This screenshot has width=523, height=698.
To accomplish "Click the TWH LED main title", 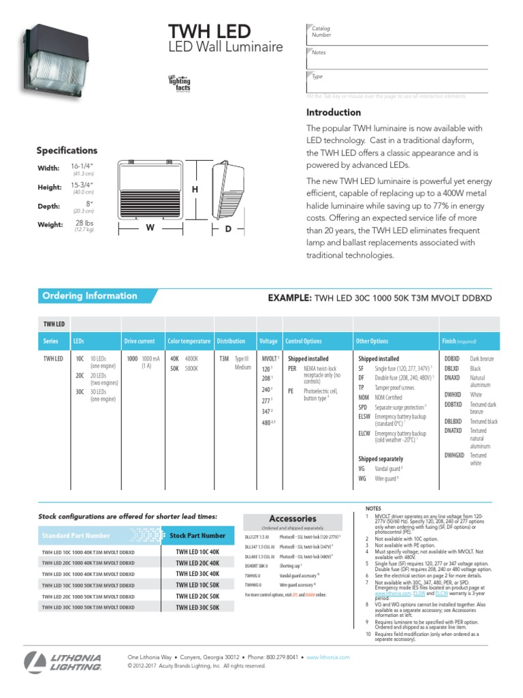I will (x=210, y=31).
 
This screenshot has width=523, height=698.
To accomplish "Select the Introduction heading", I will (x=334, y=112).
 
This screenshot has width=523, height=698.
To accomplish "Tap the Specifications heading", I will (x=67, y=151).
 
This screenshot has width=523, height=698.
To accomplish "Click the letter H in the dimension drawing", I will (x=194, y=189).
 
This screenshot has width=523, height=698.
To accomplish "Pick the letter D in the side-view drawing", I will (x=228, y=230).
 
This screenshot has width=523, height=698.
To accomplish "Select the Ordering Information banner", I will (x=90, y=296).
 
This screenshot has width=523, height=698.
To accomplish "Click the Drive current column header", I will (x=140, y=341).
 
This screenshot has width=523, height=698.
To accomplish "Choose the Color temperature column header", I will (x=189, y=341).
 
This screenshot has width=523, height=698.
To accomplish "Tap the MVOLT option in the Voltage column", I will (x=269, y=359).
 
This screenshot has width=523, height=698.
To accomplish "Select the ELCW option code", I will (x=366, y=434).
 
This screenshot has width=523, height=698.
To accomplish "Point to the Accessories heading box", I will (x=293, y=519).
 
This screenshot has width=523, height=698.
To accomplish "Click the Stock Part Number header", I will (x=197, y=536).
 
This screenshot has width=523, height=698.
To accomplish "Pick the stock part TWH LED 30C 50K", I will (x=197, y=607).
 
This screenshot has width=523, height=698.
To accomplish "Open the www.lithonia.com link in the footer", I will (x=328, y=657).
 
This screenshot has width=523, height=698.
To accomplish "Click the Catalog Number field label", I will (x=321, y=31).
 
